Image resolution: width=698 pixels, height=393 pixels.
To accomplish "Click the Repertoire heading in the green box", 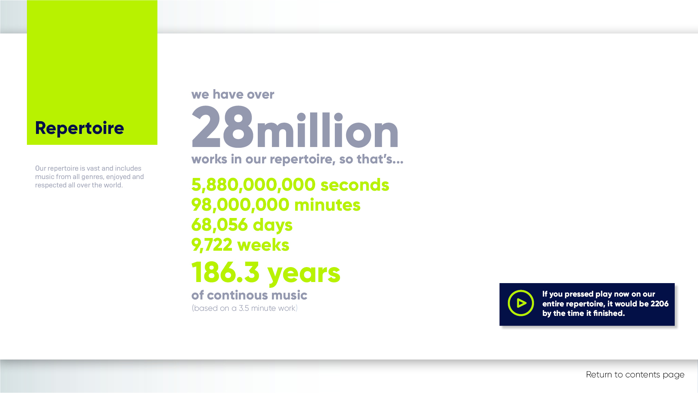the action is (x=80, y=128).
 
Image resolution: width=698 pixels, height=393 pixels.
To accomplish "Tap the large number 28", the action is (x=222, y=127).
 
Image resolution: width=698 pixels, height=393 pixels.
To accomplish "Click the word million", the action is (x=328, y=130).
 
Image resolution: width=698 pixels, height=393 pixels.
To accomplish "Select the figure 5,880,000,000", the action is (x=253, y=185).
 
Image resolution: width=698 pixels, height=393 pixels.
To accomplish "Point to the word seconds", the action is (x=355, y=185).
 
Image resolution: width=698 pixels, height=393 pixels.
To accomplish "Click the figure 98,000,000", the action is (x=240, y=205).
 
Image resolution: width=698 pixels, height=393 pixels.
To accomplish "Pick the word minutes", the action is (x=327, y=205).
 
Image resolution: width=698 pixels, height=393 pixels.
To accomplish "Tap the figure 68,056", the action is (x=220, y=225).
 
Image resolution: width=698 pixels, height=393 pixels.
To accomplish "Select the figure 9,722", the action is (x=212, y=245).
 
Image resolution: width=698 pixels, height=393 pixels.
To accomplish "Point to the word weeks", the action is (x=263, y=245).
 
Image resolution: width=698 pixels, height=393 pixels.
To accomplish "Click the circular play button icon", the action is (x=521, y=303).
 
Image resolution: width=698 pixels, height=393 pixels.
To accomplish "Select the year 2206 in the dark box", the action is (x=659, y=304).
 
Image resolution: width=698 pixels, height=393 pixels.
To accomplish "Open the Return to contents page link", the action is (x=635, y=375).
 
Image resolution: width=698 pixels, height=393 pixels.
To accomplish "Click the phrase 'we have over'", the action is (x=233, y=95).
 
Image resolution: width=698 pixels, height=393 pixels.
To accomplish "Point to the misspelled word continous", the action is (x=238, y=295).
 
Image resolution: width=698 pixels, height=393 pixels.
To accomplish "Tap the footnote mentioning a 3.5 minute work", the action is (x=245, y=308).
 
